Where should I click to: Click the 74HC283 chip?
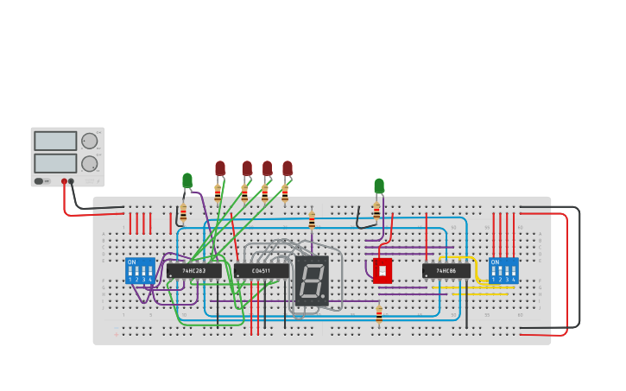click(193, 271)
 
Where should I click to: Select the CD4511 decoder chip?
click(262, 271)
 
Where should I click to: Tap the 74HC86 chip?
click(446, 271)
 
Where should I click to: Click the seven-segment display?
click(312, 281)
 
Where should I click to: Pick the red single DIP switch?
click(382, 270)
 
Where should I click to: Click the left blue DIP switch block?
click(140, 270)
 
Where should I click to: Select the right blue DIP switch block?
click(503, 270)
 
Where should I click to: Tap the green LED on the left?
click(187, 180)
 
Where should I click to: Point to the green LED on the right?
click(379, 186)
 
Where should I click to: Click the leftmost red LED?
click(220, 168)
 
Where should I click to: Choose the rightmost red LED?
click(288, 168)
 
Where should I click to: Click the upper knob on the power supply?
click(89, 141)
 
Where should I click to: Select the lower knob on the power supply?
click(89, 163)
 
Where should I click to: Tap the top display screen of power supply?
click(55, 141)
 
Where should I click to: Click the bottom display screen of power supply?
click(55, 163)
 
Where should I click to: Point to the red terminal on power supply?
click(64, 181)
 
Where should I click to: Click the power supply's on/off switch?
click(39, 181)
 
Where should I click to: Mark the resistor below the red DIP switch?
click(379, 314)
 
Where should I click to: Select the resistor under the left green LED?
click(183, 212)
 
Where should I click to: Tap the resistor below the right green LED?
click(376, 210)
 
